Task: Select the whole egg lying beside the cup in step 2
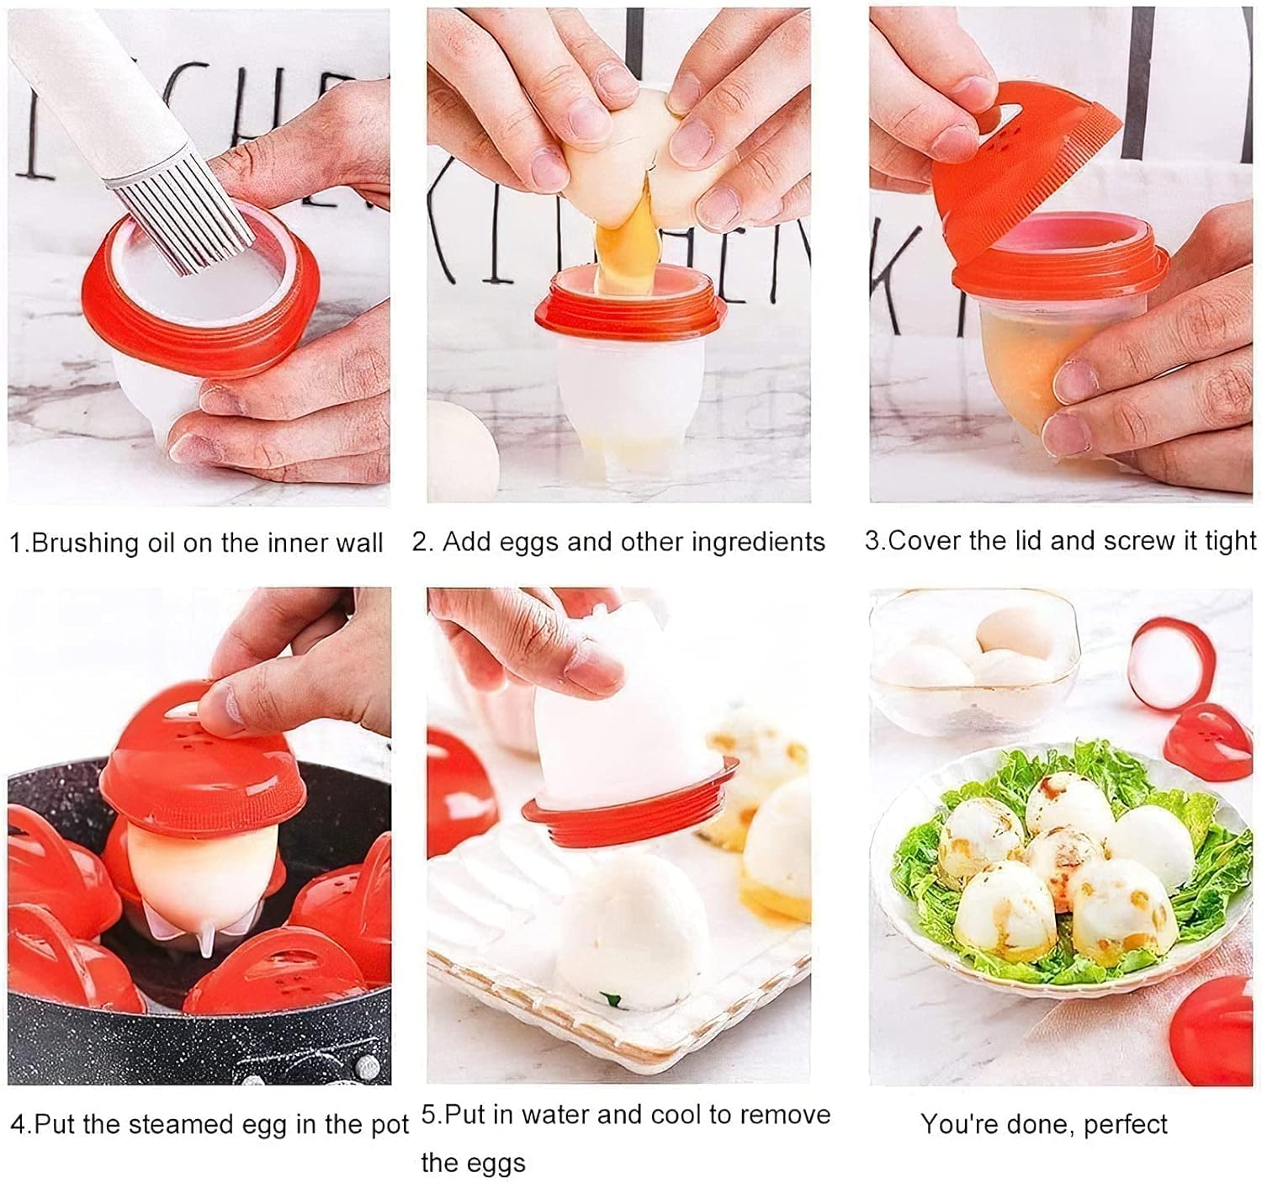click(x=463, y=446)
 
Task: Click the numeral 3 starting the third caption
click(x=872, y=541)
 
